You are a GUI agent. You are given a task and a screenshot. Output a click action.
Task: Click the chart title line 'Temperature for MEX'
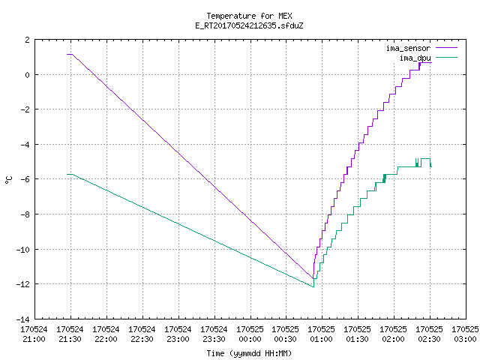point(249,16)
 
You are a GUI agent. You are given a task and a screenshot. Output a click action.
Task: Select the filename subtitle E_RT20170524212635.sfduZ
point(249,25)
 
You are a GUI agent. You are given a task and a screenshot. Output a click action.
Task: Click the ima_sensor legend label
point(408,48)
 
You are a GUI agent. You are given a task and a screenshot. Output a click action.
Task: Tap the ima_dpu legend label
point(415,58)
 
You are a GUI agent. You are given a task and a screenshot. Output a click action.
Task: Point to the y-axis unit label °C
point(9,180)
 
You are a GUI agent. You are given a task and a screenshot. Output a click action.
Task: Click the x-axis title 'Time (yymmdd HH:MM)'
point(249,353)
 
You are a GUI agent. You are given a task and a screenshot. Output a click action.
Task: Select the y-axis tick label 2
point(28,40)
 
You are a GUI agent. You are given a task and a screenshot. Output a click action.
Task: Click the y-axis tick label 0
point(28,75)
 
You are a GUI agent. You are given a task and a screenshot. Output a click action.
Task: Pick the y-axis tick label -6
point(25,179)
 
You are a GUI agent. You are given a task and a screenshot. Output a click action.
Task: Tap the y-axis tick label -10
point(23,250)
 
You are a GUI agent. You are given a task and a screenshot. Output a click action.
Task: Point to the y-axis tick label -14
point(23,319)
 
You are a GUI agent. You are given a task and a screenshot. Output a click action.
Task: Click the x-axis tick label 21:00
point(34,339)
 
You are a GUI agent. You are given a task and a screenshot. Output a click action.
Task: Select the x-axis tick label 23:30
point(214,339)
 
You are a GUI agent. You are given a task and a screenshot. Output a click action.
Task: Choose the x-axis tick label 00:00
point(250,339)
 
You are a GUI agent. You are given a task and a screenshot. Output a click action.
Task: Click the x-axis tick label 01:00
point(322,339)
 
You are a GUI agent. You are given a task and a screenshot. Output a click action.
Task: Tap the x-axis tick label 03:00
point(465,339)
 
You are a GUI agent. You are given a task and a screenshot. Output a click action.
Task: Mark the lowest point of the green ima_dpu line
point(313,286)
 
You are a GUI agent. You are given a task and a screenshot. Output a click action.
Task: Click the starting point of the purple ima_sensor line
point(67,54)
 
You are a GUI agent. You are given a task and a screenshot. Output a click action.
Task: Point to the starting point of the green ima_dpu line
point(67,174)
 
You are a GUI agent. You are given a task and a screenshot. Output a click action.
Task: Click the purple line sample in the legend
point(447,48)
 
